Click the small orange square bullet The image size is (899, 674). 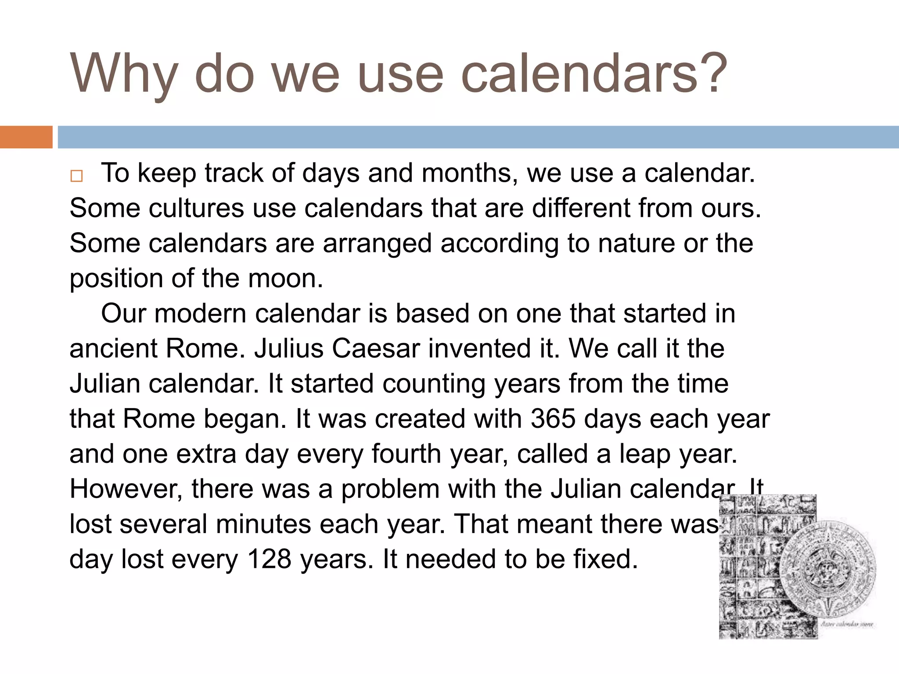(76, 176)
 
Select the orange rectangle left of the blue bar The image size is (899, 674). (26, 137)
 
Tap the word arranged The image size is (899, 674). (377, 244)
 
